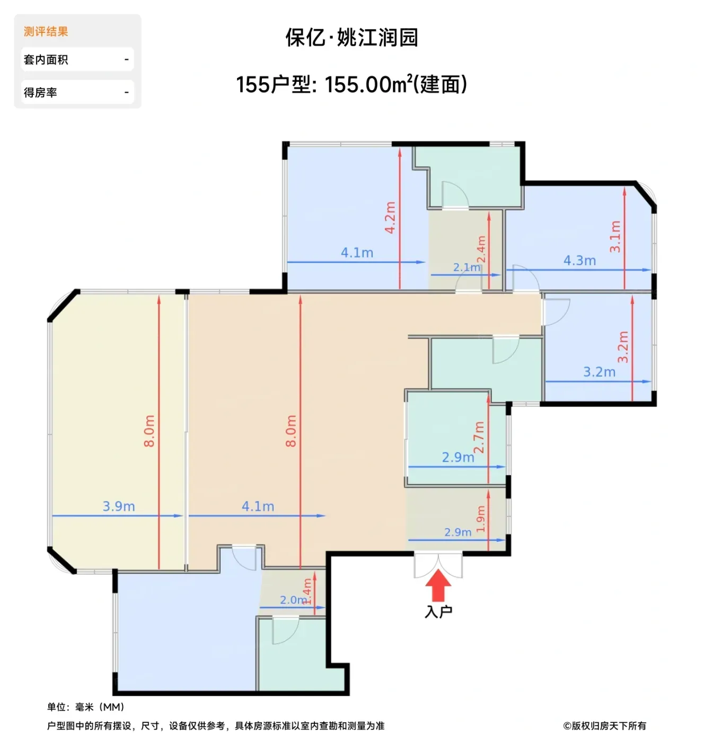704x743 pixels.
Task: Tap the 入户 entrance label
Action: coord(438,611)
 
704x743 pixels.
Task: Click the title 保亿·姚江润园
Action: coord(351,37)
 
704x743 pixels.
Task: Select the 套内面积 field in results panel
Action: coord(77,59)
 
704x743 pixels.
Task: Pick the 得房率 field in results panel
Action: coord(77,92)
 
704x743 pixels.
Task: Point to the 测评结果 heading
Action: coord(46,31)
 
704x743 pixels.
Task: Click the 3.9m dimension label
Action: coord(119,506)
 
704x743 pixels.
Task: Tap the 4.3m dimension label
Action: coord(579,261)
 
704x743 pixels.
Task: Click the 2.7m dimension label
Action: coord(479,437)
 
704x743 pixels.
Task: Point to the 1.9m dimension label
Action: coord(480,519)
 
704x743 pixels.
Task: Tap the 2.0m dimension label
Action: coord(293,600)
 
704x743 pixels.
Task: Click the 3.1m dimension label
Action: coord(615,237)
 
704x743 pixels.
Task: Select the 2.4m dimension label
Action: coord(481,249)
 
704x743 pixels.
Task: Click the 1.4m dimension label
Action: coord(307,591)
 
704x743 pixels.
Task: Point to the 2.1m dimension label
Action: coord(467,267)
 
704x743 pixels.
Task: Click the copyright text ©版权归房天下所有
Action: coord(604,725)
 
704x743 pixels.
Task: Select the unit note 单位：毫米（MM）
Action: coord(86,707)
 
